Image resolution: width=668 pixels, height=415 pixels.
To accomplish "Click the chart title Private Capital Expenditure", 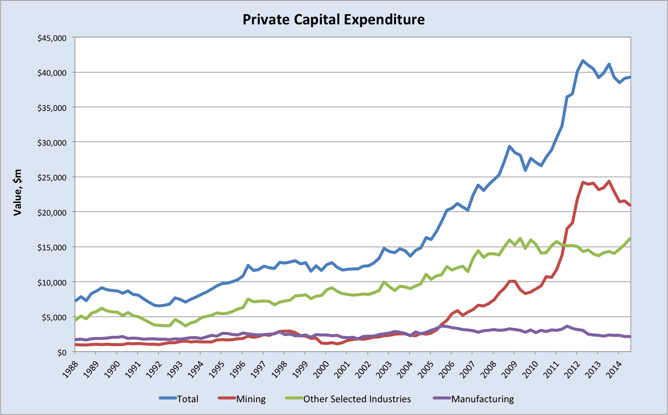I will click(334, 19).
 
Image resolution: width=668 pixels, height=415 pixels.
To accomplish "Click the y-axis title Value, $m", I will click(17, 192).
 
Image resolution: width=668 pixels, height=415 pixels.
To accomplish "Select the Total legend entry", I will click(187, 399).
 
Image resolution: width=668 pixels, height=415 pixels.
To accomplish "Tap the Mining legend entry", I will click(251, 399).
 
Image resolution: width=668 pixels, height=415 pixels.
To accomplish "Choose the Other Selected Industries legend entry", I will click(357, 399).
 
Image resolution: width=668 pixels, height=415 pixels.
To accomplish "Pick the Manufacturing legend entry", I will click(482, 399).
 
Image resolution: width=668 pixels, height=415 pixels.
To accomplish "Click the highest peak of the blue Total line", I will click(583, 61).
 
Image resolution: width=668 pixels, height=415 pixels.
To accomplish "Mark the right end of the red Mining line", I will click(630, 205).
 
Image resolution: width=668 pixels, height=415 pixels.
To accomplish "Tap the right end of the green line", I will click(630, 238).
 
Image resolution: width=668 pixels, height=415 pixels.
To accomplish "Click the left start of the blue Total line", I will click(76, 301).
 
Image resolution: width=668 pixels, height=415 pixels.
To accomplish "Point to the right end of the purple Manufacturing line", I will click(630, 337).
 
